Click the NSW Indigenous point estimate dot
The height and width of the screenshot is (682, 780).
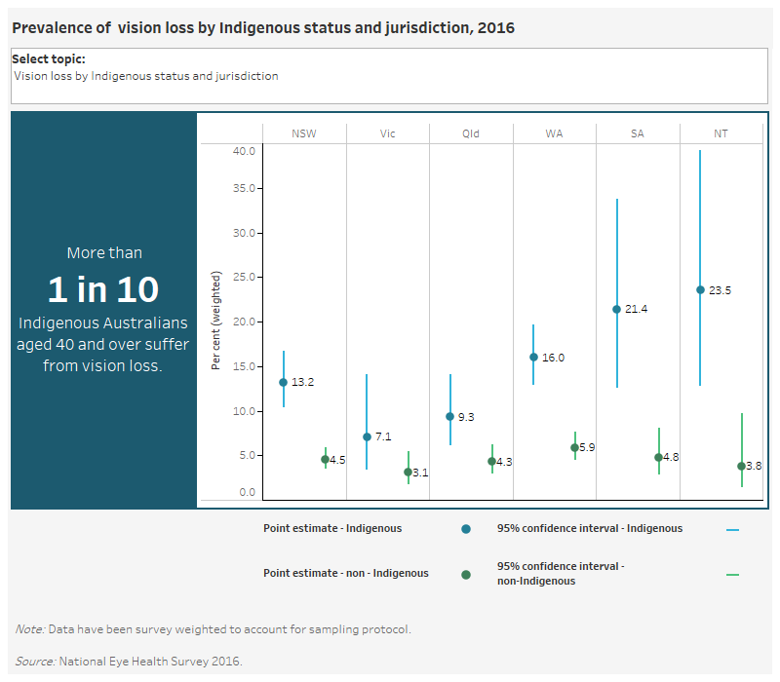(283, 382)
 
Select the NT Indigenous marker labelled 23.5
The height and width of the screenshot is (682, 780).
(700, 289)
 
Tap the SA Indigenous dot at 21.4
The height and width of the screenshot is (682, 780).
(616, 309)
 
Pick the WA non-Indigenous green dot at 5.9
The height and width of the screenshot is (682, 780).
(574, 447)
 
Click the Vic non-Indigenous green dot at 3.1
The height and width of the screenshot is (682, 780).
(408, 472)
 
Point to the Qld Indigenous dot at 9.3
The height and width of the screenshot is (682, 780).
(449, 416)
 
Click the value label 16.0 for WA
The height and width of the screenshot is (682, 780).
(554, 358)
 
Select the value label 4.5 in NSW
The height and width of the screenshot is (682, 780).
(336, 460)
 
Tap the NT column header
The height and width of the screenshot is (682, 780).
(721, 133)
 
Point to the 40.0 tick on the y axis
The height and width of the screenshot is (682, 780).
(244, 151)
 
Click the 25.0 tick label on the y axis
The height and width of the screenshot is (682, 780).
(244, 277)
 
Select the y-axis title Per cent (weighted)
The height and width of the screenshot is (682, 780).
(216, 321)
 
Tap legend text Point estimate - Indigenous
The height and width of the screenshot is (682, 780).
(331, 528)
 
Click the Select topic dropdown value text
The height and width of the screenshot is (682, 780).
(146, 76)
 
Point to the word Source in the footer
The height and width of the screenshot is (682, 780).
(34, 662)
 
